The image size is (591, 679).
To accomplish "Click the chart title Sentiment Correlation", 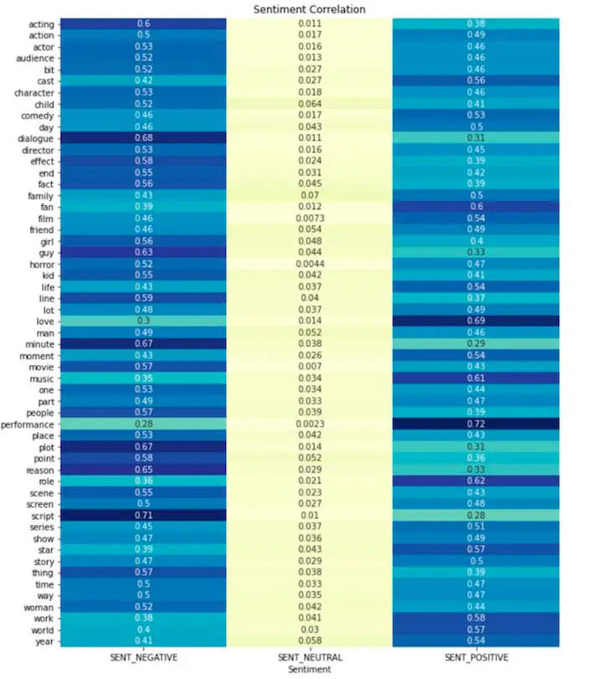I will tap(310, 9).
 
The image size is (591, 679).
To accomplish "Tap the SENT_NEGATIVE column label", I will tap(143, 656).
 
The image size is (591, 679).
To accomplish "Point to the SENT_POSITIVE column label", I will tap(476, 656).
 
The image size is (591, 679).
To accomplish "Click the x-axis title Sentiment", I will tap(310, 669).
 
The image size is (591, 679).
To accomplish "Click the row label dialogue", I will tap(35, 138).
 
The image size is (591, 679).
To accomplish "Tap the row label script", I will tap(41, 516).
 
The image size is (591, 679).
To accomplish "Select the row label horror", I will tap(40, 264).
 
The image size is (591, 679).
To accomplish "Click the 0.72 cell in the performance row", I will tap(476, 424).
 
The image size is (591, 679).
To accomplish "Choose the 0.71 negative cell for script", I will tap(143, 516).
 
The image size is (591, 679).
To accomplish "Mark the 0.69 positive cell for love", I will tap(476, 321).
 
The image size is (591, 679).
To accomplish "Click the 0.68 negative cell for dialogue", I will tap(143, 138).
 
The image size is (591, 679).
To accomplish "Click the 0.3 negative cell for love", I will tap(143, 321).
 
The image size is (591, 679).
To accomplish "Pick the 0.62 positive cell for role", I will tap(476, 481).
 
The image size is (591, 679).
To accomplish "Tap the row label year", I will tap(44, 641).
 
